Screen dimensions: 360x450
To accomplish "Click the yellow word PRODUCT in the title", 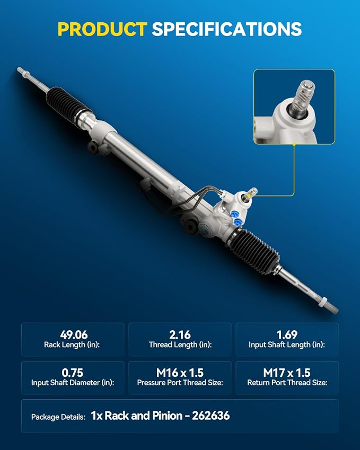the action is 102,29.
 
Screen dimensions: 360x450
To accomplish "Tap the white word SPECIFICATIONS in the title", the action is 227,29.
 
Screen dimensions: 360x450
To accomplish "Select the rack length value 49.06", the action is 74,334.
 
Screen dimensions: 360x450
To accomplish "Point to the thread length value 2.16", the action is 180,334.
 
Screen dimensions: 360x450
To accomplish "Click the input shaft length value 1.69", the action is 287,334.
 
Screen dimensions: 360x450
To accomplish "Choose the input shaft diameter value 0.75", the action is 72,373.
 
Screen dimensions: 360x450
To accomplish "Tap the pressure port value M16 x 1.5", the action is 180,373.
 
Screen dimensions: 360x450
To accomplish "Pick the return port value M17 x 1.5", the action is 287,373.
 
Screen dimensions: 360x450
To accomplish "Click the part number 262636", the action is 210,416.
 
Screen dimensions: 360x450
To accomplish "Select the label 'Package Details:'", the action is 58,417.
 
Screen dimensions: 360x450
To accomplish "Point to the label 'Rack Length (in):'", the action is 72,345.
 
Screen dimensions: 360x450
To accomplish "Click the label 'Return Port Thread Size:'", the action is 287,383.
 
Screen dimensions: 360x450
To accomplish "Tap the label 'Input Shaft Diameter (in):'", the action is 73,383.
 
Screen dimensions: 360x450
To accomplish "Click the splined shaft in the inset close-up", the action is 303,98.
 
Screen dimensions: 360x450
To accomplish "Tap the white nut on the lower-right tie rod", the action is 323,302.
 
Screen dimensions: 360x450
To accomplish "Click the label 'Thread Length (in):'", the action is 180,345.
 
